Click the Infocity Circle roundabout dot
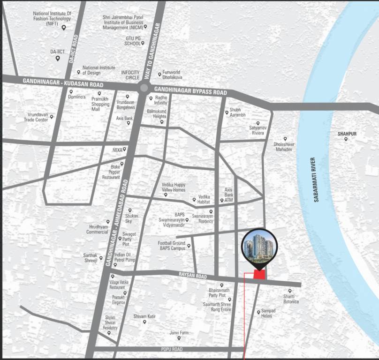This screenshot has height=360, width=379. click(x=144, y=88)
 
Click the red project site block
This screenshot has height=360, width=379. click(x=259, y=276)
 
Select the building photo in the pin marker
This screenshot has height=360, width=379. click(x=259, y=245)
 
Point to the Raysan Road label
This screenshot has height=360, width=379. click(x=192, y=277)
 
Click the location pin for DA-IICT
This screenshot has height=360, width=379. click(x=58, y=59)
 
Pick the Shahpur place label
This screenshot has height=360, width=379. click(x=347, y=134)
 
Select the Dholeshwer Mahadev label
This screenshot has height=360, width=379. click(x=283, y=147)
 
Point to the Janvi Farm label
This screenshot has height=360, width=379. click(x=179, y=333)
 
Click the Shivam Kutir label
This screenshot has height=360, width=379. click(x=144, y=316)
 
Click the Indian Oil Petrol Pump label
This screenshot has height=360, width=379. click(x=124, y=257)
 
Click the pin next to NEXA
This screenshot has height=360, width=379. click(x=125, y=149)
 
